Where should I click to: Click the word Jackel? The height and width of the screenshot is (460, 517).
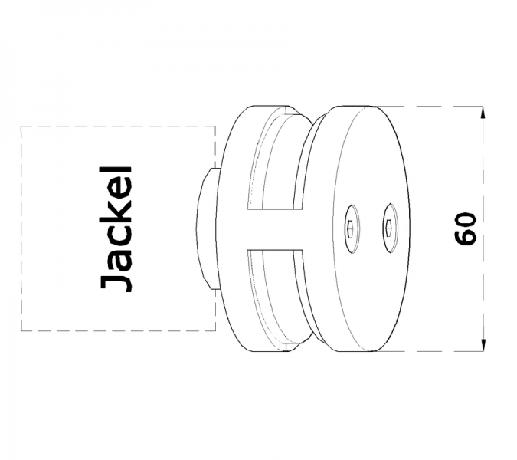[x=116, y=229]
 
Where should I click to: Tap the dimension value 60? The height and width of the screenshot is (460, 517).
[x=466, y=229]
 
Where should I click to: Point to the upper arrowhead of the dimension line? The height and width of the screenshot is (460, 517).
[x=483, y=113]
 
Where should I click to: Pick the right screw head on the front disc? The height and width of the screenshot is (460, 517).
[x=390, y=228]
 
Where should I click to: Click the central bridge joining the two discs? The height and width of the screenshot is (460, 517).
[x=274, y=229]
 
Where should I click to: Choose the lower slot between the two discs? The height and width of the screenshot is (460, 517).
[x=275, y=297]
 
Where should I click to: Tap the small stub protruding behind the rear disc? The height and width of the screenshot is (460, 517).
[x=207, y=229]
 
